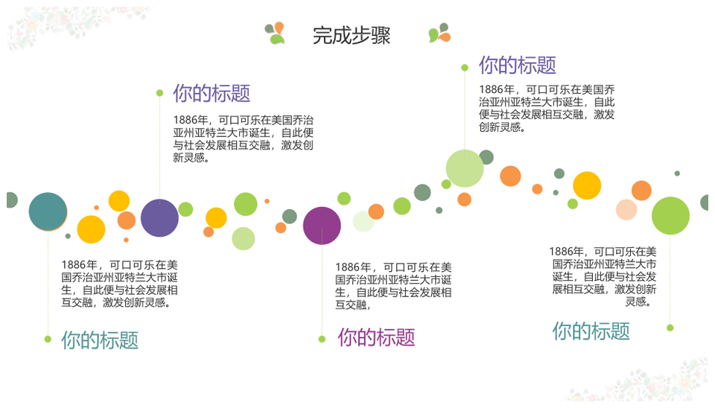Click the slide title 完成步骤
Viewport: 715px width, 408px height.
(351, 36)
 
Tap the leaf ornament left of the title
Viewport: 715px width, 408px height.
(275, 34)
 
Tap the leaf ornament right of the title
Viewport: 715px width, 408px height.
(439, 33)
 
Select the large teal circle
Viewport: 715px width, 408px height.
(48, 211)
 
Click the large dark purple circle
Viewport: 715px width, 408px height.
(159, 218)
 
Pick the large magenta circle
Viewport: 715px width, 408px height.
(322, 226)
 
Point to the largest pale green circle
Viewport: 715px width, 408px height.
(465, 168)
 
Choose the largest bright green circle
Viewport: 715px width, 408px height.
(670, 216)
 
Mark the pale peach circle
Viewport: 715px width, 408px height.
(626, 209)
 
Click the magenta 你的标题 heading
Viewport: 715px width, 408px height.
(376, 337)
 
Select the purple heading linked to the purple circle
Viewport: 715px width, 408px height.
(212, 93)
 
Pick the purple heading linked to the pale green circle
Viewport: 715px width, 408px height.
(517, 66)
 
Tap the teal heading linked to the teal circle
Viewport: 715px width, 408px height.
(100, 340)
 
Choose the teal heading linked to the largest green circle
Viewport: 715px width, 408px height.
(591, 331)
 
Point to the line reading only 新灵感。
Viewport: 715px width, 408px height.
(191, 158)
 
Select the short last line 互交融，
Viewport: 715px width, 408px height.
(353, 305)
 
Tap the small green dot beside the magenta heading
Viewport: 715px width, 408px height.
(322, 339)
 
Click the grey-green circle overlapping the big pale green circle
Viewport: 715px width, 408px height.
(486, 157)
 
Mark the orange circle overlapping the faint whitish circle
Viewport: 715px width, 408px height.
(376, 211)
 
